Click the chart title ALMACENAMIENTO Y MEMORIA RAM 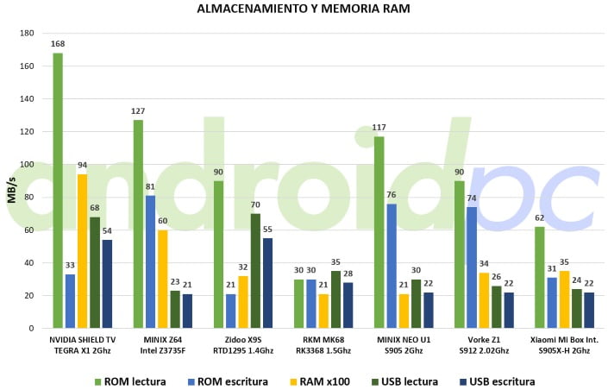304,9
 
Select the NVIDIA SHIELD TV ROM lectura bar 58,190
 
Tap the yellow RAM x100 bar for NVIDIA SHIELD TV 82,250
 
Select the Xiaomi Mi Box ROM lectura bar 540,277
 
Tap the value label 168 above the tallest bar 58,44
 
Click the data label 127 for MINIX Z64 138,111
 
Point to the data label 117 379,128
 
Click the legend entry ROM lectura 129,381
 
